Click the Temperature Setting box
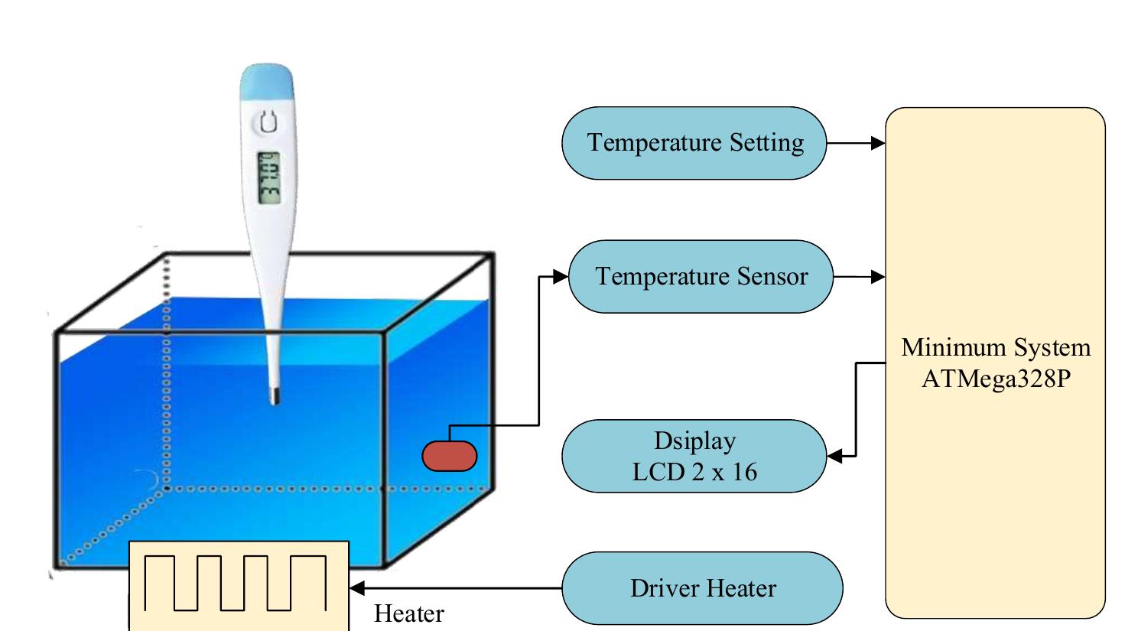(694, 143)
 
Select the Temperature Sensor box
(701, 277)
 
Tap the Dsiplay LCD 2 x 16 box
(694, 456)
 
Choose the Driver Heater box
(702, 588)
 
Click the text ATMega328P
(995, 379)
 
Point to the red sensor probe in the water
(450, 457)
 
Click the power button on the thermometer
(267, 122)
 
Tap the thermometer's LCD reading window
(268, 177)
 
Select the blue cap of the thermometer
(266, 83)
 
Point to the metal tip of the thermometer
(273, 396)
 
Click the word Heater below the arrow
(408, 613)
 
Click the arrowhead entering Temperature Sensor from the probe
(561, 277)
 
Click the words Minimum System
(995, 347)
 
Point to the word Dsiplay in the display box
(694, 441)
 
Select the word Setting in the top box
(766, 143)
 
